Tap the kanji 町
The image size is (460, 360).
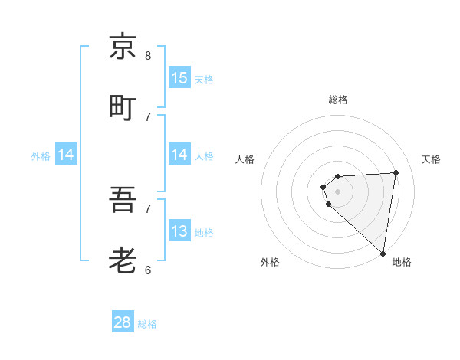[123, 107]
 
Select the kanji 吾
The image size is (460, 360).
[123, 201]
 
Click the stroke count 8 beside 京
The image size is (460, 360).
[148, 56]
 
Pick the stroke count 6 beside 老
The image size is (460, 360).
[148, 270]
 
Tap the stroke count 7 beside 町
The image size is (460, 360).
[148, 116]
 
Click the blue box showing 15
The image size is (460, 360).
[179, 78]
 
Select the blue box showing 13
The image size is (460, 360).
[179, 231]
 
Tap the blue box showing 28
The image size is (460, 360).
[123, 322]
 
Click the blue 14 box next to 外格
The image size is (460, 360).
[66, 155]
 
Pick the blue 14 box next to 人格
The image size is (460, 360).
[179, 155]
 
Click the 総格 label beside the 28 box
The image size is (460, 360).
[147, 324]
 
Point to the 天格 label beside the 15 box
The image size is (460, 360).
[204, 80]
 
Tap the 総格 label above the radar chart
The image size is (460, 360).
[337, 100]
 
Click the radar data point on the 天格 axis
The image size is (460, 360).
[396, 172]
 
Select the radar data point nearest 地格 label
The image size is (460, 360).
[383, 254]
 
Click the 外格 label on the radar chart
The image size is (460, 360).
[270, 262]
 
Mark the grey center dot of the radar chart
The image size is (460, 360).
[337, 191]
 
